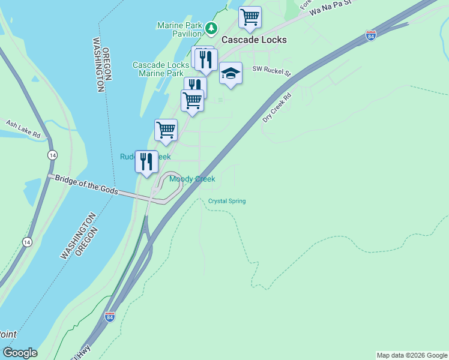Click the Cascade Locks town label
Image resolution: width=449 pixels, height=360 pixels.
(254, 40)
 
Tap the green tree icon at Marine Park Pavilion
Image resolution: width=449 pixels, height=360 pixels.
(211, 28)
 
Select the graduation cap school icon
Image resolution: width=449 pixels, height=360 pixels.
(231, 73)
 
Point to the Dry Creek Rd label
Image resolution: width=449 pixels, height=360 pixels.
(277, 107)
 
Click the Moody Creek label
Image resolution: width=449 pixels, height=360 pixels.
(192, 179)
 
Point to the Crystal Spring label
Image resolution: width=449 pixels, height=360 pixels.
(227, 201)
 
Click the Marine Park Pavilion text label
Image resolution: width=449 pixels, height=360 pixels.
(179, 29)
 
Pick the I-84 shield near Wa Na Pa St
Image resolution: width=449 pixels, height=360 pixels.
(370, 36)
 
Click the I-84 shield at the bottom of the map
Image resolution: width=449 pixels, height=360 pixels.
(109, 316)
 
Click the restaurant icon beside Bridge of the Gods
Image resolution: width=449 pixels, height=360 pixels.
(146, 161)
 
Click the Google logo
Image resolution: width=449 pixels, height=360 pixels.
(20, 353)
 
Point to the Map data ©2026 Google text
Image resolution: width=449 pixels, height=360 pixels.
(412, 355)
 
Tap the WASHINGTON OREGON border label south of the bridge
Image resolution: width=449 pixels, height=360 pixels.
(79, 235)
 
